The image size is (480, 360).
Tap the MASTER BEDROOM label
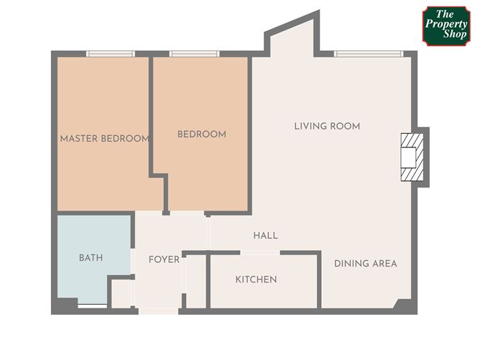[x=104, y=139]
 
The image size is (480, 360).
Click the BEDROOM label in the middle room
[x=202, y=134]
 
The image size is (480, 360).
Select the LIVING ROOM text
[x=327, y=126]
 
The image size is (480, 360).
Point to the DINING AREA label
[x=365, y=264]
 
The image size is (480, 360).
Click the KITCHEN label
[x=256, y=280]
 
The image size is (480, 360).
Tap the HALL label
[x=265, y=236]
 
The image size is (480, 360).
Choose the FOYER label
[x=164, y=259]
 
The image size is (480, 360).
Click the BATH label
[x=91, y=257]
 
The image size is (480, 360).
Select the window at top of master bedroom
[x=110, y=53]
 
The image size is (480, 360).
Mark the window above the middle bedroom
[x=194, y=53]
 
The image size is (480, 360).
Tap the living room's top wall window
[x=369, y=53]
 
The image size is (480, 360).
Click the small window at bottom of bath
[x=92, y=307]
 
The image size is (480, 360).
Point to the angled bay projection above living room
[x=292, y=37]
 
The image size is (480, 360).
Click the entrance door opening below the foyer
[x=158, y=310]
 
